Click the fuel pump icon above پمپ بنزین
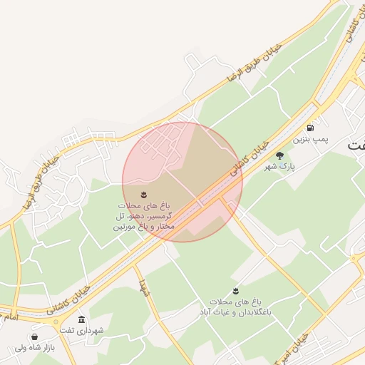(311, 128)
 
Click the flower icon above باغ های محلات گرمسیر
(143, 194)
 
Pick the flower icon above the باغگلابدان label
(255, 291)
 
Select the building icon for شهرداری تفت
(82, 319)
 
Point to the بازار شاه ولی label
(34, 349)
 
